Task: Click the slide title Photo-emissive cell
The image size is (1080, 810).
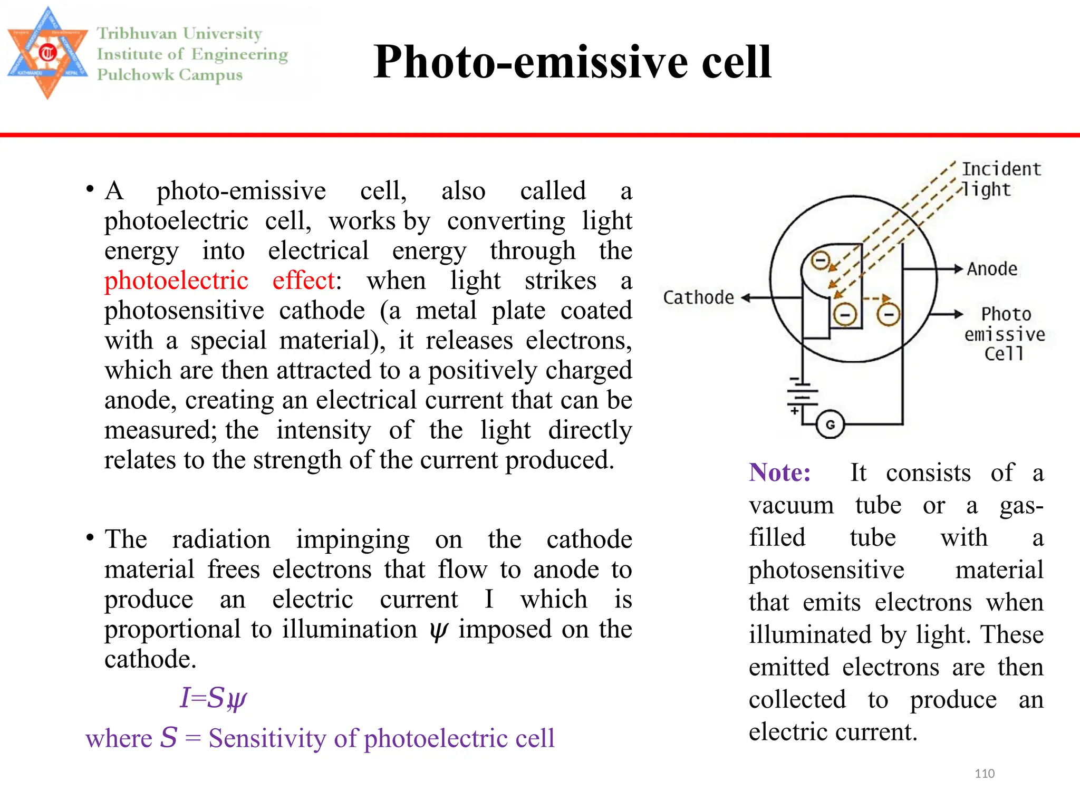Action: (572, 62)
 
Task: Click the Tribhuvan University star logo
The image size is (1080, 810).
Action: (47, 53)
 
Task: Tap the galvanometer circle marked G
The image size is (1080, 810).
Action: (830, 425)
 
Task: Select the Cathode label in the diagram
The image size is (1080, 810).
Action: (698, 298)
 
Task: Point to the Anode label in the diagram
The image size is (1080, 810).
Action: (992, 269)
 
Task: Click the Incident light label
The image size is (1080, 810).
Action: (1001, 179)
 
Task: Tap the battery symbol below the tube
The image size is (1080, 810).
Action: (802, 396)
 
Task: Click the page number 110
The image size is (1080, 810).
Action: (984, 774)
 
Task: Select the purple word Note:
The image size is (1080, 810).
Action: (780, 472)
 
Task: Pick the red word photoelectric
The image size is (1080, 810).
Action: (176, 281)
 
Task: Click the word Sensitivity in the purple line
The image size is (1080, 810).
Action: (267, 738)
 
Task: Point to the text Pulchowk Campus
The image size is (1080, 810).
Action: (170, 75)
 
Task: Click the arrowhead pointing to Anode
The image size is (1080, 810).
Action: (958, 269)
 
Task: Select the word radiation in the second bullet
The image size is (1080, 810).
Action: (221, 539)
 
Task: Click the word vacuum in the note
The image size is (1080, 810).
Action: (791, 505)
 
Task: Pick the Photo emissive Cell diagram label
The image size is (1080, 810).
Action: (1005, 334)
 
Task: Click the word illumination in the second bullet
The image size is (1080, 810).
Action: (349, 629)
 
